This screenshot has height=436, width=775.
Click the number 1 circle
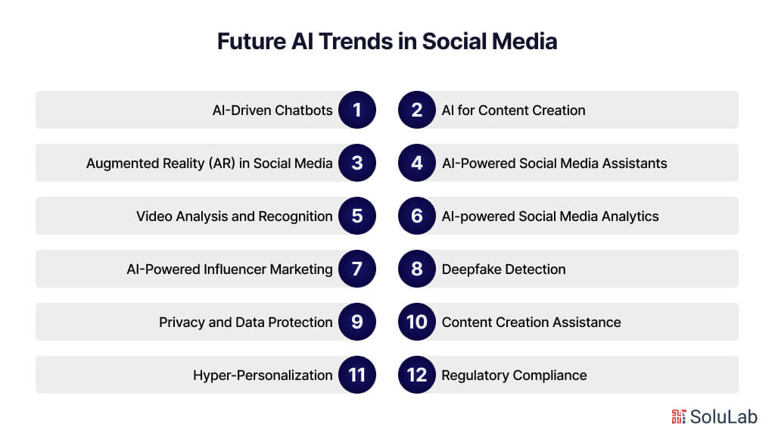tap(357, 110)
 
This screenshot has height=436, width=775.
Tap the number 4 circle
tap(417, 163)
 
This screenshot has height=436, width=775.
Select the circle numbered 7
tap(357, 269)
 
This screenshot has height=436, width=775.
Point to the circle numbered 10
tap(417, 322)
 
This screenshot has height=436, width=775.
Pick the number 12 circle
tap(417, 375)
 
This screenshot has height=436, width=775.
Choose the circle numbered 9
tap(357, 322)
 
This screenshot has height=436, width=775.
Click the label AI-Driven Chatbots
tap(272, 111)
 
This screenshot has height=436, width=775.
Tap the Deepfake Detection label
tap(503, 269)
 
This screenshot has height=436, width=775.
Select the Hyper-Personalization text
tap(263, 375)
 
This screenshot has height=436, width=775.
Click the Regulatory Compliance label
tap(514, 375)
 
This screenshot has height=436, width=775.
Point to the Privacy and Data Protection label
tap(245, 322)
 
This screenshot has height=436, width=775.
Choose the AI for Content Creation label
tap(513, 111)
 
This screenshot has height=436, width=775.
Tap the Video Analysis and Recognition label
tap(234, 216)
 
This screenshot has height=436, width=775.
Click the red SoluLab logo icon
tap(679, 416)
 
